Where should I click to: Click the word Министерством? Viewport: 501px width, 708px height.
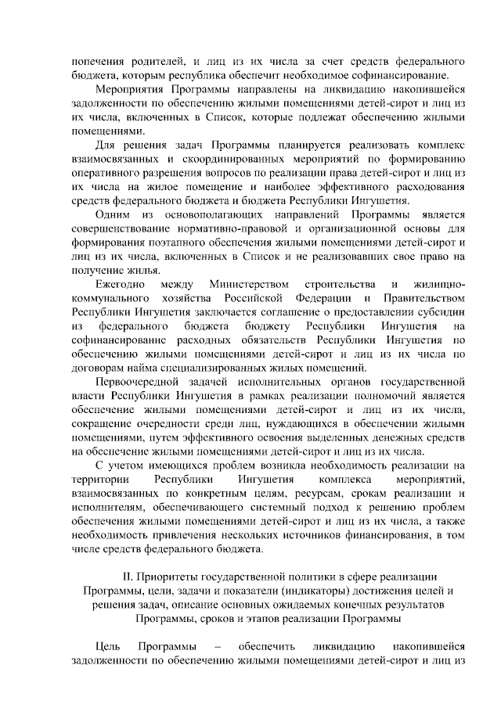pyautogui.click(x=250, y=283)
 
